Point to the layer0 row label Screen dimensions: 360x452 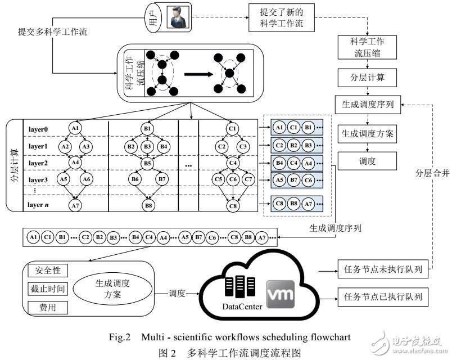point(39,129)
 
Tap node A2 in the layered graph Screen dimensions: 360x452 point(65,147)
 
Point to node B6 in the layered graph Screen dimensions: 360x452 point(134,180)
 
